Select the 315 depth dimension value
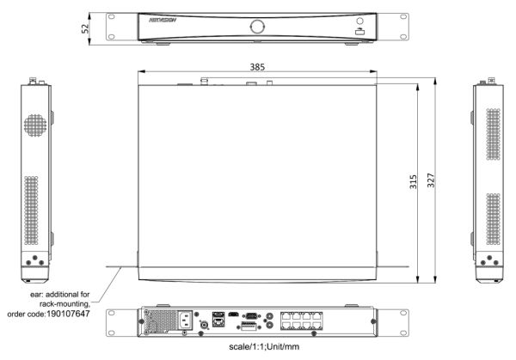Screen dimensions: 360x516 click(414, 184)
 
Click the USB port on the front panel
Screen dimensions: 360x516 click(359, 32)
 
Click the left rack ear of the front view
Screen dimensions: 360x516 click(112, 25)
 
